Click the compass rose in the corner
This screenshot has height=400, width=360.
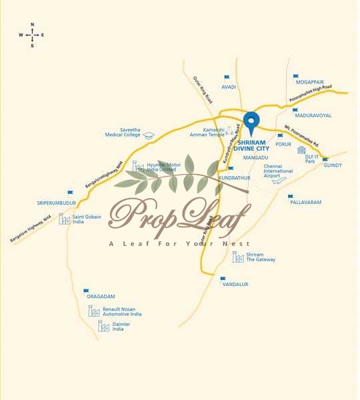(32, 35)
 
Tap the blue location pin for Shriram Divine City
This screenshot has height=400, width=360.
(251, 122)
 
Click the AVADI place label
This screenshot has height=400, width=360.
(229, 87)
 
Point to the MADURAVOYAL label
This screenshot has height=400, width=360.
(312, 115)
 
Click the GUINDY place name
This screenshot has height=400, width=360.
(333, 165)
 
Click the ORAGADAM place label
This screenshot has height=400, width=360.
(101, 297)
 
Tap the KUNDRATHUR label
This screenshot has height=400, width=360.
(234, 178)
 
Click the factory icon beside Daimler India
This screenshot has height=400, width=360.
(104, 326)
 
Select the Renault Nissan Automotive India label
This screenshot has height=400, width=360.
(122, 311)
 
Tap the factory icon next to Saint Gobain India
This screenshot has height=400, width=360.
(64, 218)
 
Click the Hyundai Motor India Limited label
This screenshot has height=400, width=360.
(164, 167)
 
